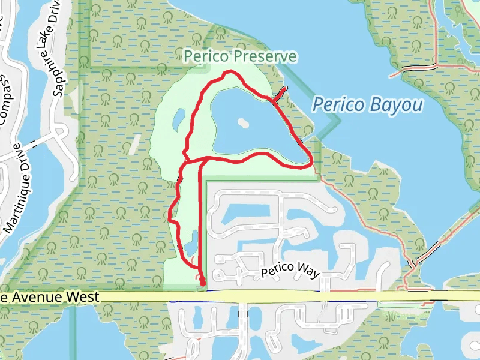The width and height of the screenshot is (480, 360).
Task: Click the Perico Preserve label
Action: coord(241,56)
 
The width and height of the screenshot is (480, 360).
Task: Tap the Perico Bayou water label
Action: coord(367,106)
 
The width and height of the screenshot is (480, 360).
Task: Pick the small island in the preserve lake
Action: coord(242,122)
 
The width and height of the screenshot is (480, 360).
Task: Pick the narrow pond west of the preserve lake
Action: coord(179,119)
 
